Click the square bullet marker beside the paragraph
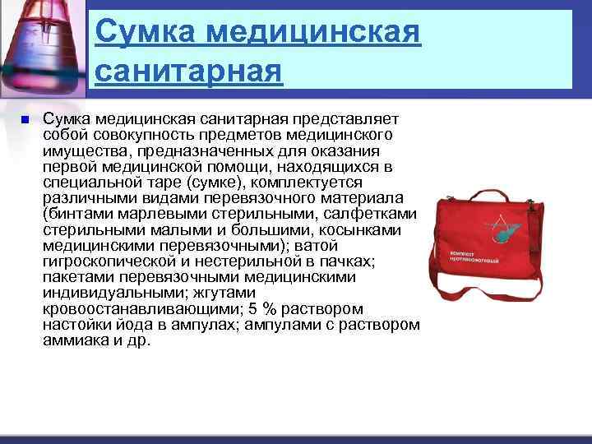coord(25,120)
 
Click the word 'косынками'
coord(362,229)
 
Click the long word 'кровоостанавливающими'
coord(132,308)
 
